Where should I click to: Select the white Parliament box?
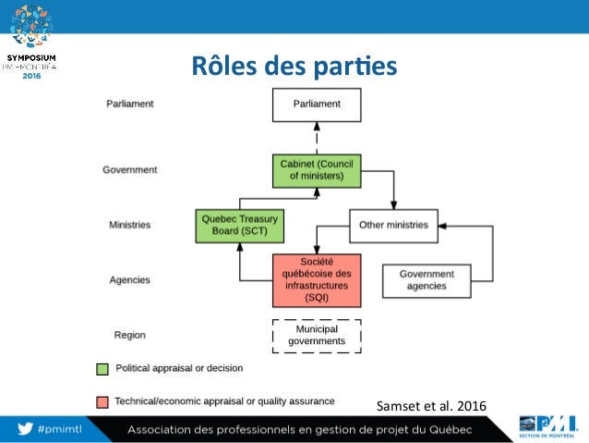(x=316, y=105)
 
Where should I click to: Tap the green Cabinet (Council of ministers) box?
(x=316, y=170)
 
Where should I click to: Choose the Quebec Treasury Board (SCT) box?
(x=239, y=226)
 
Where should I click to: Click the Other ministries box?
(x=392, y=226)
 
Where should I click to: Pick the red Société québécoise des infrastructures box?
(x=316, y=279)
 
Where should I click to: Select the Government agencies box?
(x=426, y=279)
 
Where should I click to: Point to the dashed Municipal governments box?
(x=316, y=335)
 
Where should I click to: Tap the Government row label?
(x=129, y=170)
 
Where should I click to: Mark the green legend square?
(x=103, y=368)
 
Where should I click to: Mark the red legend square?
(x=103, y=401)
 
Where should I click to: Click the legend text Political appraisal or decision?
(x=179, y=368)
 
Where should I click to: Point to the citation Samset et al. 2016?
(x=431, y=405)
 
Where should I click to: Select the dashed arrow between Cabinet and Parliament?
(x=316, y=138)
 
